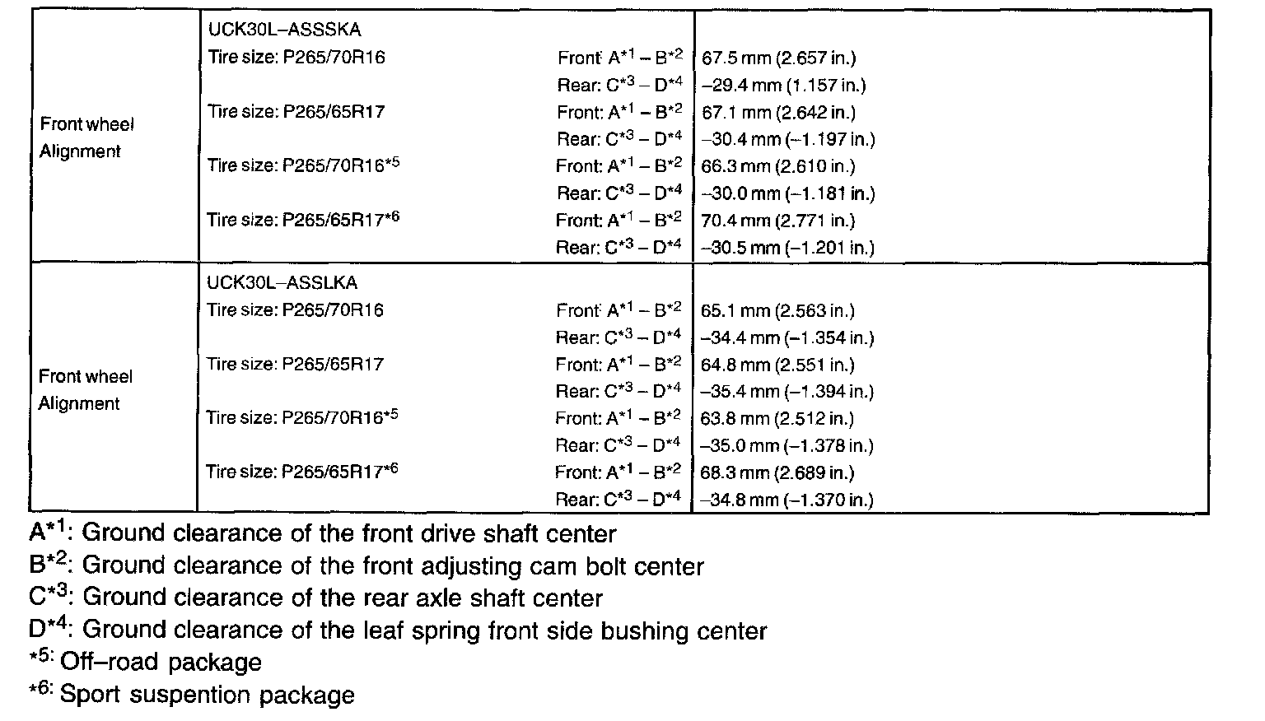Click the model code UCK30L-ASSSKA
[284, 30]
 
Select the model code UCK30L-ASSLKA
[282, 283]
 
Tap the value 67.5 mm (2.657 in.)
[778, 58]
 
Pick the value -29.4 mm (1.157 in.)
[782, 85]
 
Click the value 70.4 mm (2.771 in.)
[778, 221]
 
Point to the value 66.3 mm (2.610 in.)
[778, 166]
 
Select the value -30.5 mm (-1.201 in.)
[787, 248]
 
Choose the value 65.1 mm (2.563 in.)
[778, 310]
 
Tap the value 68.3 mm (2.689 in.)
[778, 472]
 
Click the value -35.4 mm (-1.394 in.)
[787, 392]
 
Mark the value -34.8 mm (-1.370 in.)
[787, 500]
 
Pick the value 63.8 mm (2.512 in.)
[778, 418]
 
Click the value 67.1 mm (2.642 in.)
[778, 112]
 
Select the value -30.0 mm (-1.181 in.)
[787, 193]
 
